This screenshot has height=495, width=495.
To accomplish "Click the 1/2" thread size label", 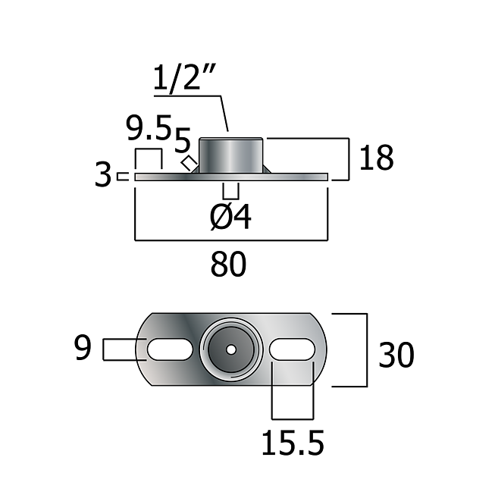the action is (184, 78).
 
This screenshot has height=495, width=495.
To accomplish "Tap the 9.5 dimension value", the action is (149, 127).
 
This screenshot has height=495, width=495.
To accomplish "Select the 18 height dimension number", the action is (376, 158).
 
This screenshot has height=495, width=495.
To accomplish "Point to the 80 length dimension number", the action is (228, 265).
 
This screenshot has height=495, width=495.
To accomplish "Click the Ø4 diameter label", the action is (230, 217).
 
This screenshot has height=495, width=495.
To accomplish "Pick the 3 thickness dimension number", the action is (103, 174).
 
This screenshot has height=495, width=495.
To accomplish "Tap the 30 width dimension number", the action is (396, 355).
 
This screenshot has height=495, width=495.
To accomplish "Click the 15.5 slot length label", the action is (293, 443).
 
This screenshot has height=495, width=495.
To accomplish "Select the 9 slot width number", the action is (83, 347).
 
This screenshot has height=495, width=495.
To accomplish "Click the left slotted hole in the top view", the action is (170, 349).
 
